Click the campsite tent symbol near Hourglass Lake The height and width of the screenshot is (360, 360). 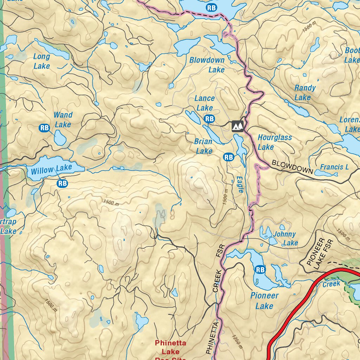coord(238,126)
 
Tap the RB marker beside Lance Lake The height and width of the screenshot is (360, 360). coord(210,119)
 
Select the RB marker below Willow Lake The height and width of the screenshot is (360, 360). coord(62,183)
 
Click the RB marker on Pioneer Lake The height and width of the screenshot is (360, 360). coord(260,270)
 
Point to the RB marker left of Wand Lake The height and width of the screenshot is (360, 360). coord(45,128)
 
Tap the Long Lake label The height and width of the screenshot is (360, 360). coord(42,61)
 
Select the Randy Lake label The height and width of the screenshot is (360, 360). coord(304,92)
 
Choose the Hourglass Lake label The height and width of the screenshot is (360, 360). coord(274,142)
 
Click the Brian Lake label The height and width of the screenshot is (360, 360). coord(204,146)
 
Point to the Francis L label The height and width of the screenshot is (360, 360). coord(334,167)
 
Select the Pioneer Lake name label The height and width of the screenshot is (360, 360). coord(264,301)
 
